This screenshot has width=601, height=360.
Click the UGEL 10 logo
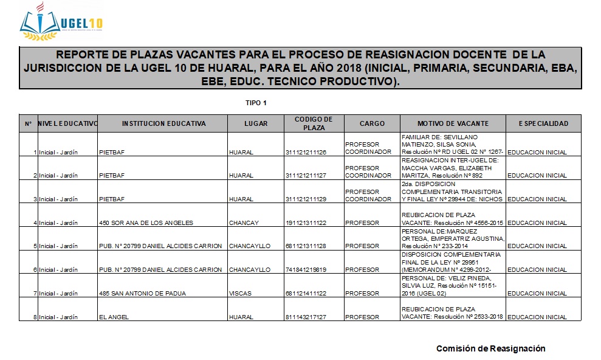click(61, 24)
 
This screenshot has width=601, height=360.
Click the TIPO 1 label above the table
click(256, 103)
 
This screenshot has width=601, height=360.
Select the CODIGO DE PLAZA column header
click(314, 123)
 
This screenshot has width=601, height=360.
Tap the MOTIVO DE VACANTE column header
click(453, 123)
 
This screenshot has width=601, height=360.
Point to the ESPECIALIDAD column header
click(543, 123)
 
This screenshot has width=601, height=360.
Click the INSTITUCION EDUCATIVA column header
click(163, 123)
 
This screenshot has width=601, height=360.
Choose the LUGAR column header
click(256, 123)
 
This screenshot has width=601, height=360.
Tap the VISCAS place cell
click(239, 294)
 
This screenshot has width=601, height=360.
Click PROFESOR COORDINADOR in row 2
click(368, 172)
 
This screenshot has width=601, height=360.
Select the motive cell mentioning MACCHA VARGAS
click(452, 168)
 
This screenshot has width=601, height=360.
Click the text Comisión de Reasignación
click(490, 348)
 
